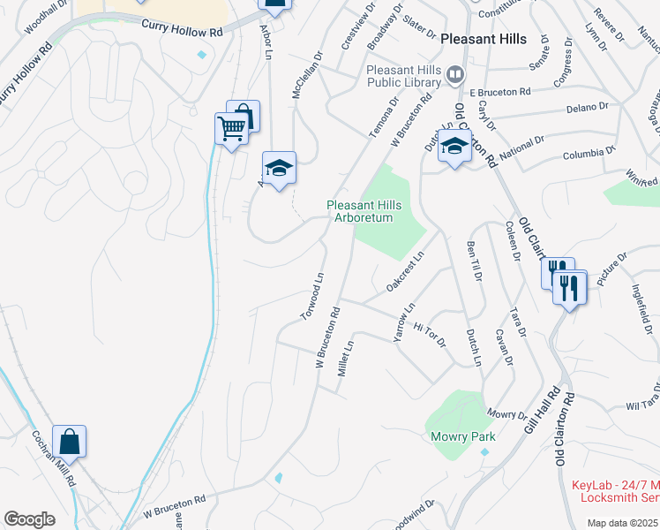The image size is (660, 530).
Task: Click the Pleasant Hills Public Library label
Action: tap(403, 76)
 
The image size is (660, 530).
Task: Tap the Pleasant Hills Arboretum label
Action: tap(364, 212)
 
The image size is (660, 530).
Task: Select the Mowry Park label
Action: tap(462, 436)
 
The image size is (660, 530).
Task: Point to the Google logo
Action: tap(29, 519)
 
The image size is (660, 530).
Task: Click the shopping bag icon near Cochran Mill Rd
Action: tap(69, 441)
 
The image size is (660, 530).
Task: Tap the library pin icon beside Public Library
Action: tap(455, 74)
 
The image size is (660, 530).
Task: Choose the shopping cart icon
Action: tap(232, 128)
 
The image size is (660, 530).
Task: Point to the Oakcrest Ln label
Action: tap(405, 271)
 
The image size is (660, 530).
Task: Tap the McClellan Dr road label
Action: tap(308, 74)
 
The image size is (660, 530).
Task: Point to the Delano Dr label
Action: tap(590, 107)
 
